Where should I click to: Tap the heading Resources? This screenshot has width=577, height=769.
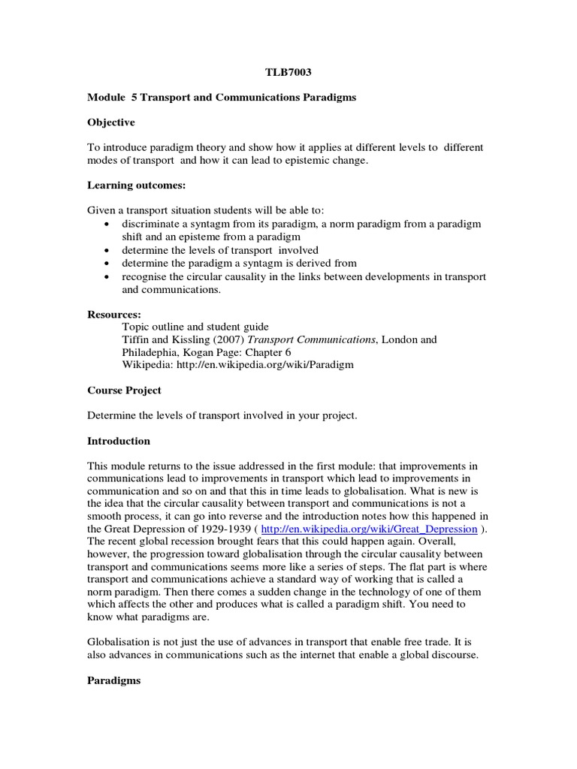(114, 313)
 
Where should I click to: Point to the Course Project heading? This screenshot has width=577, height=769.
(124, 390)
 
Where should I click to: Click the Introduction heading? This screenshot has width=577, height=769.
(119, 441)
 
